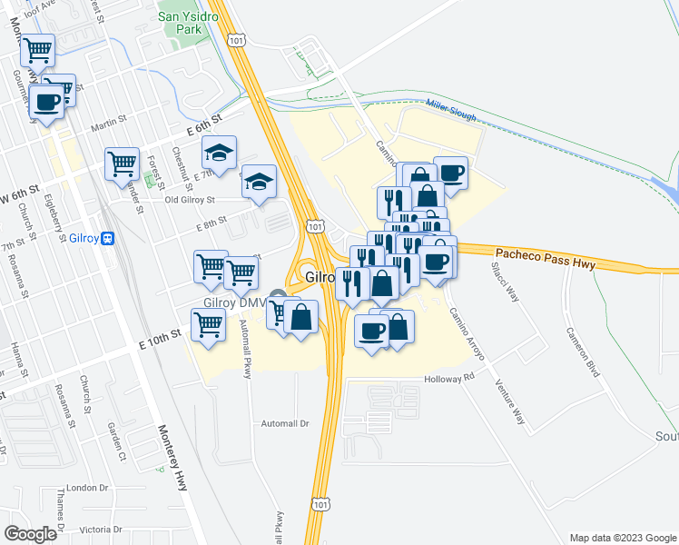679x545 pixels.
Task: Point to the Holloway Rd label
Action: tap(450, 377)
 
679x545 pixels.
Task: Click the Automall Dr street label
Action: tap(285, 423)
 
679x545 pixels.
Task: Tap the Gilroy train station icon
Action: tap(108, 238)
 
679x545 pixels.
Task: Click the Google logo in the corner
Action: tap(30, 533)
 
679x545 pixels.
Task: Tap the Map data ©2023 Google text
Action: tap(622, 538)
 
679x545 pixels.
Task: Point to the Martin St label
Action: tap(108, 120)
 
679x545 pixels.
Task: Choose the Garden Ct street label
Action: tap(115, 441)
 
